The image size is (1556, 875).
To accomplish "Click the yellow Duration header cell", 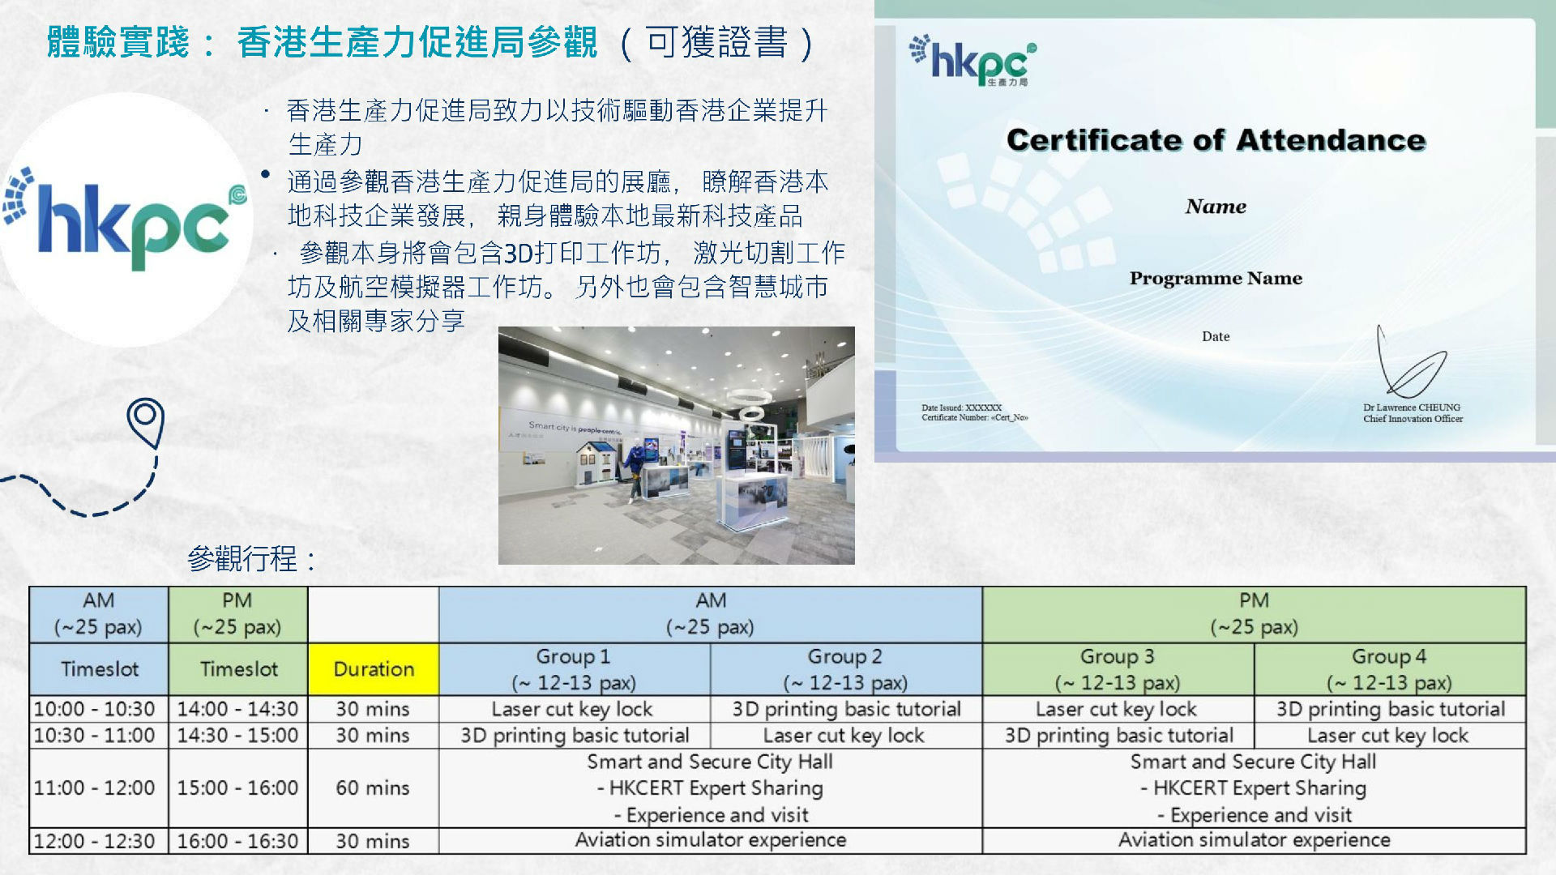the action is [x=374, y=669].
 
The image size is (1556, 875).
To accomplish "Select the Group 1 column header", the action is [x=574, y=669].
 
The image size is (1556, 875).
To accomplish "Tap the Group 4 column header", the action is [x=1389, y=669].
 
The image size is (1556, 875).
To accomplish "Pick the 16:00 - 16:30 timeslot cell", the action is [x=238, y=841].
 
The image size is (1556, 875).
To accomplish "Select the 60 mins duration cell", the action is [x=374, y=787].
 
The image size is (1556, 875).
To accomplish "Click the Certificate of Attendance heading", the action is [x=1216, y=140].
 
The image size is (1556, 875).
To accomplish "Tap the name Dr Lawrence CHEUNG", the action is [x=1411, y=408].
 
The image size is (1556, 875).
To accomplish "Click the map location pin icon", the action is [x=146, y=422].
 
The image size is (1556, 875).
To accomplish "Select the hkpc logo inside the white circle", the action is [x=126, y=219].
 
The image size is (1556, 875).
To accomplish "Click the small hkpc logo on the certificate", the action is [x=972, y=60].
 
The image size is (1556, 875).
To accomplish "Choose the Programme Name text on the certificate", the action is [x=1216, y=279].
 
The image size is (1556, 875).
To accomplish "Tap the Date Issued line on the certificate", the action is [x=961, y=408].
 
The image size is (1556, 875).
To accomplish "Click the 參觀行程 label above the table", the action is [x=251, y=558].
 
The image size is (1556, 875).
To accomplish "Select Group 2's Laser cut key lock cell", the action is [x=845, y=736].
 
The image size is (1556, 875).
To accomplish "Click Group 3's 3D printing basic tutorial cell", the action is [x=1118, y=736].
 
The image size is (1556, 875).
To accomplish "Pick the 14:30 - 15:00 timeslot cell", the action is [x=238, y=736].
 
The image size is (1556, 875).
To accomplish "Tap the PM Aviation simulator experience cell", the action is [x=1255, y=840].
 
